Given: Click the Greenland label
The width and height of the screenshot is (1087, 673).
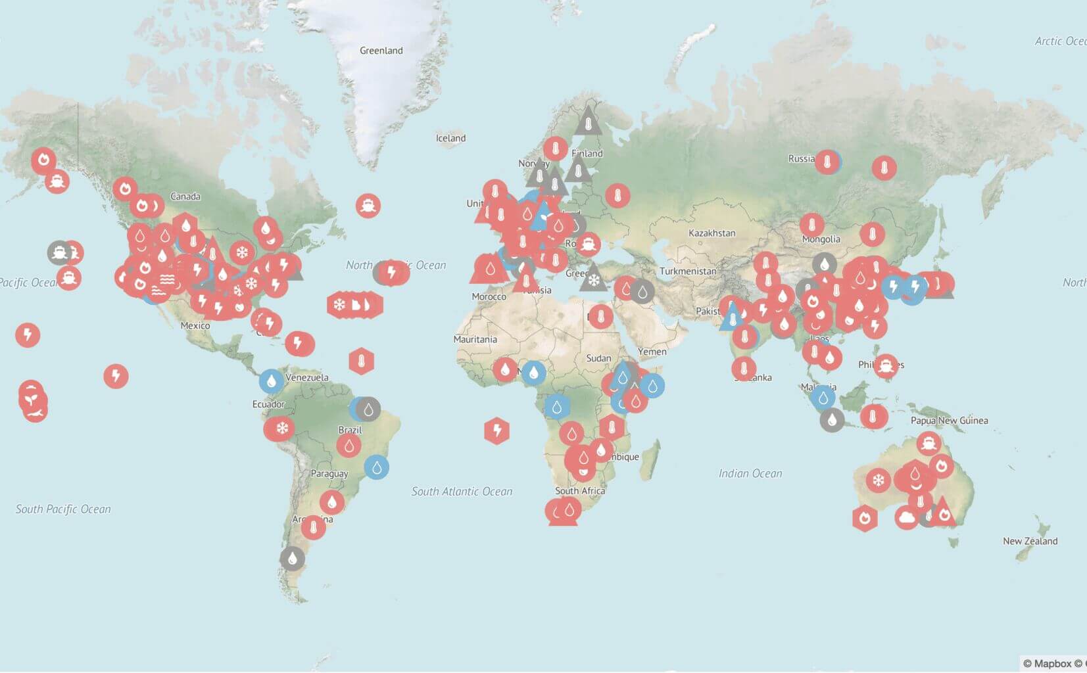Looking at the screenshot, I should pyautogui.click(x=381, y=51).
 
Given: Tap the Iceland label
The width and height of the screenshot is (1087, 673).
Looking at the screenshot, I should pyautogui.click(x=450, y=138).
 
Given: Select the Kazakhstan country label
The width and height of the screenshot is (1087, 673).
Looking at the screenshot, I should pyautogui.click(x=712, y=233).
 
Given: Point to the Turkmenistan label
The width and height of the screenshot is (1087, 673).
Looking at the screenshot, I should pyautogui.click(x=688, y=271).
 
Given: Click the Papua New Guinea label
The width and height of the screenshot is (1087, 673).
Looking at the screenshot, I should pyautogui.click(x=949, y=421).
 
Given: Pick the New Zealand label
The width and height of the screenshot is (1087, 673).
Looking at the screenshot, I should pyautogui.click(x=1030, y=541).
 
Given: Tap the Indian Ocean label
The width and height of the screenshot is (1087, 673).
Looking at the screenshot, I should pyautogui.click(x=750, y=473).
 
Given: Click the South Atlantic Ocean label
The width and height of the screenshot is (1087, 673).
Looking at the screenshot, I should pyautogui.click(x=462, y=491).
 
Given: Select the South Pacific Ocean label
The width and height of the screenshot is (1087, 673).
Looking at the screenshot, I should pyautogui.click(x=63, y=509).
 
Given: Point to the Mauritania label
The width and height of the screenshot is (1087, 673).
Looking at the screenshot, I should pyautogui.click(x=475, y=339).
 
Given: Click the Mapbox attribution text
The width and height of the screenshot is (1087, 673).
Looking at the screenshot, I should pyautogui.click(x=1052, y=663).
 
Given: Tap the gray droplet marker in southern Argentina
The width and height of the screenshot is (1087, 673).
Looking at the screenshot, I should pyautogui.click(x=292, y=559).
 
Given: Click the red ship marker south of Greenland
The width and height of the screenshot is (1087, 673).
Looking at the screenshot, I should pyautogui.click(x=368, y=206).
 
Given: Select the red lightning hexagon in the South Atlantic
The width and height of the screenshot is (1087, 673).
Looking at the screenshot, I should pyautogui.click(x=496, y=431).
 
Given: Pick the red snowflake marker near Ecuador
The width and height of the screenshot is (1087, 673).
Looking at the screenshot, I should pyautogui.click(x=282, y=429).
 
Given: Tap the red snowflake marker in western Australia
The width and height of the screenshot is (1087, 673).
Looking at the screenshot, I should pyautogui.click(x=878, y=480).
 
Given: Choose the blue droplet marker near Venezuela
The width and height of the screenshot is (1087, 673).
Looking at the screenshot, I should pyautogui.click(x=271, y=381).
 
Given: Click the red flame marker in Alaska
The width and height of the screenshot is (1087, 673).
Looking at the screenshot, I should pyautogui.click(x=44, y=160).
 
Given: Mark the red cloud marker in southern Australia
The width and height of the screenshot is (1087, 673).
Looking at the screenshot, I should pyautogui.click(x=906, y=518).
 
